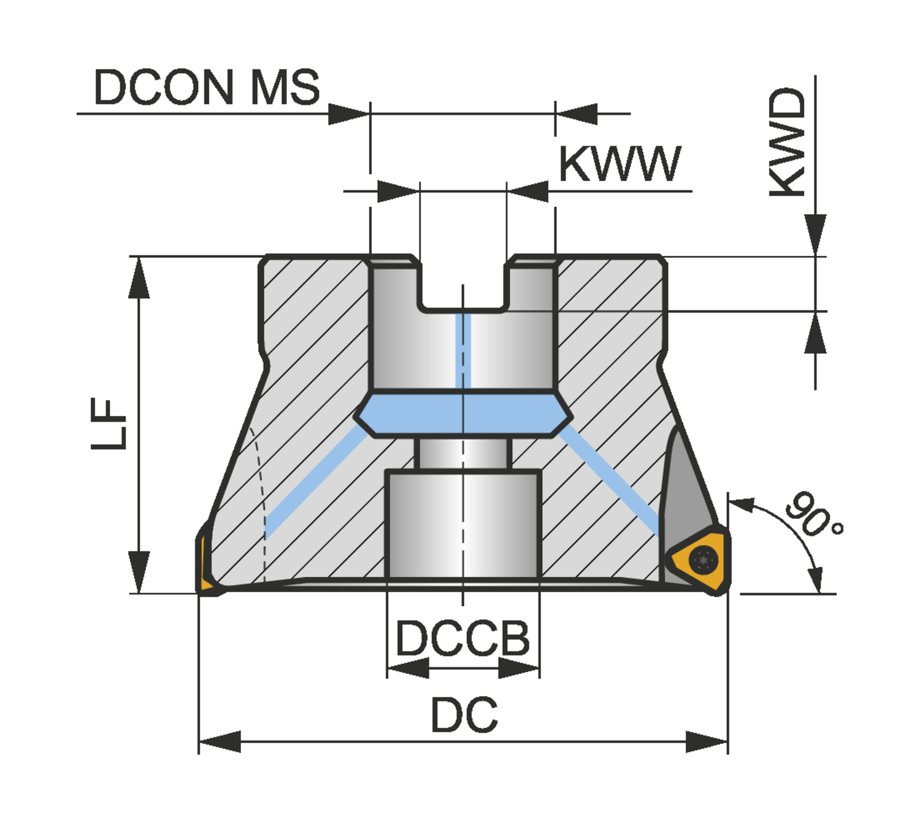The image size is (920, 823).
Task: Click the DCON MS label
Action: pos(206,87)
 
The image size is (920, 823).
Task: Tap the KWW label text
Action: pos(619,164)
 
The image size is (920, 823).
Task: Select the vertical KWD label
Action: pos(788,142)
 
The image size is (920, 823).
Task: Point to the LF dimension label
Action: pos(109,423)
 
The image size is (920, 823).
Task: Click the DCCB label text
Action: pos(462,639)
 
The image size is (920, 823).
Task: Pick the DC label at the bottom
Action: pos(464,715)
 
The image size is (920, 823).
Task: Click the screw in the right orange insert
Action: pos(703,560)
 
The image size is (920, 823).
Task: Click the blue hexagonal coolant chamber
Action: pos(463,414)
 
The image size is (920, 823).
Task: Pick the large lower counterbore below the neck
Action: pos(463,525)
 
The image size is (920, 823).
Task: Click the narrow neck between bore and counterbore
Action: pos(463,453)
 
